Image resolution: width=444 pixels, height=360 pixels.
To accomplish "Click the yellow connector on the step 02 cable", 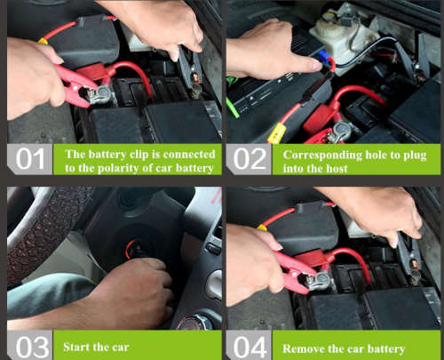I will pos(275,132).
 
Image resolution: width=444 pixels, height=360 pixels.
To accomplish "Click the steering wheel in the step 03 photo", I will pos(36,231).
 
